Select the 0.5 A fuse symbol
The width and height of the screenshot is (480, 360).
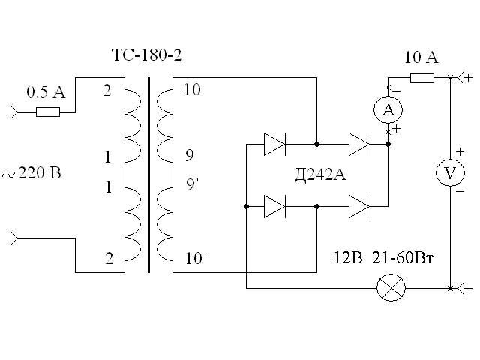pyautogui.click(x=49, y=112)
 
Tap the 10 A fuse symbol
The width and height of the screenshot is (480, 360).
pyautogui.click(x=422, y=76)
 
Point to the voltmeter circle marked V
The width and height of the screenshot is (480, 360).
pyautogui.click(x=450, y=173)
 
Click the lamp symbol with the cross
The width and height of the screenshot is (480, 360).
pyautogui.click(x=390, y=288)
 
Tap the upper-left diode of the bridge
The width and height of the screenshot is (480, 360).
pyautogui.click(x=275, y=143)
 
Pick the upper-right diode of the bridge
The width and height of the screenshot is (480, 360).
pyautogui.click(x=360, y=143)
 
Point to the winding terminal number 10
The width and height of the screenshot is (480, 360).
pyautogui.click(x=192, y=91)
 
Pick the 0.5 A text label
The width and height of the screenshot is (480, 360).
pyautogui.click(x=46, y=92)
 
